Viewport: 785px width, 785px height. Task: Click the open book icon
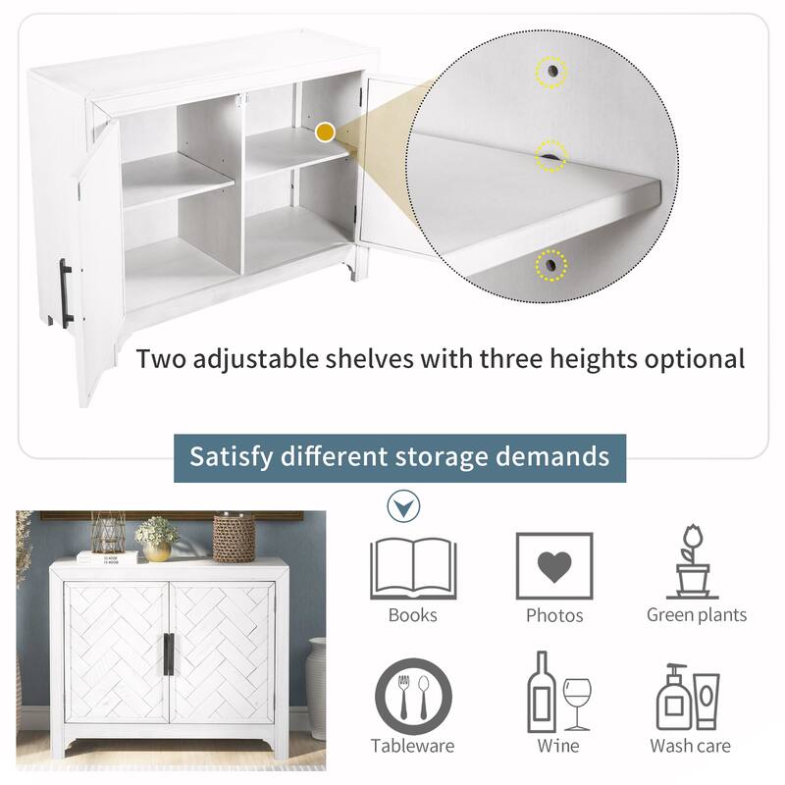[413, 569]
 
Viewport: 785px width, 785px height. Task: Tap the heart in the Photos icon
[554, 567]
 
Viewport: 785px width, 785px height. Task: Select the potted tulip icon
[693, 561]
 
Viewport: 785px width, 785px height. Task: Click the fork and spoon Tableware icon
[413, 697]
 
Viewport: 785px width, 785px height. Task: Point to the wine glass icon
[577, 704]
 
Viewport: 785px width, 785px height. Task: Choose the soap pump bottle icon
[673, 697]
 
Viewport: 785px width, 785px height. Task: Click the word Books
[412, 615]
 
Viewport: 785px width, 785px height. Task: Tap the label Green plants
[697, 615]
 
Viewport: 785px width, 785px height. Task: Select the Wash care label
[691, 746]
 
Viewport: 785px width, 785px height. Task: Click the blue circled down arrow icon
[403, 506]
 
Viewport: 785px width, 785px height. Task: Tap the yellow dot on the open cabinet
[326, 132]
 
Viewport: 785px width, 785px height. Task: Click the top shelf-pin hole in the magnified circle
[551, 71]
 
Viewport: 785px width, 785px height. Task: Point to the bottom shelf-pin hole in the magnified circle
[551, 265]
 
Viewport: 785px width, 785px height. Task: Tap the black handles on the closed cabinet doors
[169, 654]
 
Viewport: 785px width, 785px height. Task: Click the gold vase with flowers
[157, 540]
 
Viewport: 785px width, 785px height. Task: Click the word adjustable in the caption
[255, 360]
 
